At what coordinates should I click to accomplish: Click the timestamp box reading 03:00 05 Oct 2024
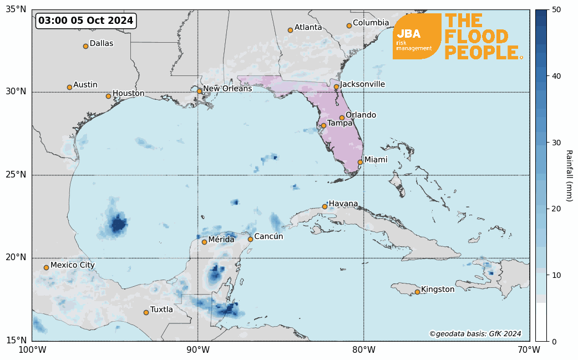[86, 21]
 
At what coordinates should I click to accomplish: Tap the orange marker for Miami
[360, 162]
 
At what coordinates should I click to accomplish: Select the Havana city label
[343, 204]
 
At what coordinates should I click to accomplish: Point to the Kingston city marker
[417, 292]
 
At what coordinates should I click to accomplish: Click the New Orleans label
[227, 89]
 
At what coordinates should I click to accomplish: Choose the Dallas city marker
[85, 46]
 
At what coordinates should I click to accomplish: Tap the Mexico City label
[72, 265]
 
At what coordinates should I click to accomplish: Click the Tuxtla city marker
[146, 312]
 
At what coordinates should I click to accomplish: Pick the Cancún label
[268, 237]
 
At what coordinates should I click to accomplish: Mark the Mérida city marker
[204, 242]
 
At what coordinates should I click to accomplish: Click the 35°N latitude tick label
[16, 9]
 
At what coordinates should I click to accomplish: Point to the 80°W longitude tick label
[363, 350]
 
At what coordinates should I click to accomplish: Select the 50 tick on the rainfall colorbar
[557, 10]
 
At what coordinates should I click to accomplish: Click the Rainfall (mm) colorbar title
[569, 175]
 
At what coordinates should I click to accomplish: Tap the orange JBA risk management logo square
[417, 36]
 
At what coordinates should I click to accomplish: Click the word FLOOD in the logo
[476, 37]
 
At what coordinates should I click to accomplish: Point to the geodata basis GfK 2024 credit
[475, 334]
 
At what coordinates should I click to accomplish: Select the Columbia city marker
[349, 26]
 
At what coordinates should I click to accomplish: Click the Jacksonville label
[363, 84]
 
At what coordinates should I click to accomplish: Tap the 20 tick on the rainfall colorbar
[557, 209]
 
